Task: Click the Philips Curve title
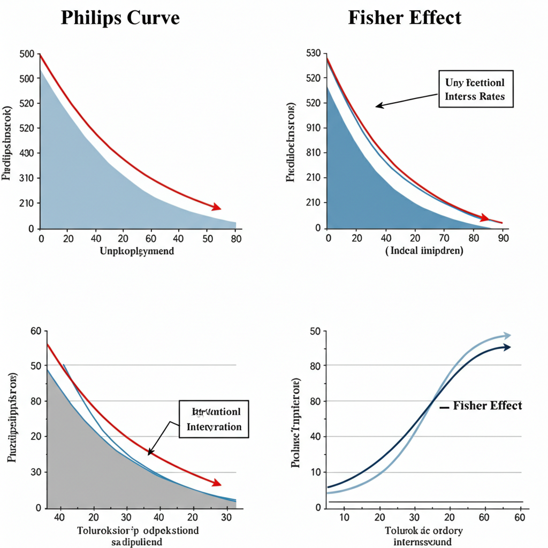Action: coord(120,18)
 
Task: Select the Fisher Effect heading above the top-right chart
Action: coord(405,18)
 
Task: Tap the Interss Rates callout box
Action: coord(475,89)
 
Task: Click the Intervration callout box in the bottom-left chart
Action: coord(214,419)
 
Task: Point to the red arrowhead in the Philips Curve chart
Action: coord(216,207)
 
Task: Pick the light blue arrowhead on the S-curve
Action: coord(506,336)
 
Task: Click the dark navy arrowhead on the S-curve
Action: coord(506,347)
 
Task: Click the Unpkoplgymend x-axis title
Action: coord(137,251)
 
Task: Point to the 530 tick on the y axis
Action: coord(313,54)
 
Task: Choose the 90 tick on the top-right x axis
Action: coord(503,239)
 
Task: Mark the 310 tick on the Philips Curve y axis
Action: coord(26,178)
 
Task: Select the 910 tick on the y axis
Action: coord(313,128)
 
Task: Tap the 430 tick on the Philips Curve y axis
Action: coord(26,153)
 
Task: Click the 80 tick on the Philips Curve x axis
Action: coord(235,239)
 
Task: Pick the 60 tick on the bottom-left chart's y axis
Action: coord(35,331)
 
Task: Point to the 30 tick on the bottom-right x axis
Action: coord(415,517)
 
